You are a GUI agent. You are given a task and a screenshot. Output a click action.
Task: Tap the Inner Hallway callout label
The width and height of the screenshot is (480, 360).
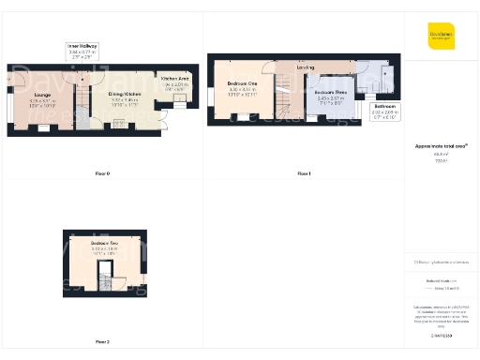(x=82, y=51)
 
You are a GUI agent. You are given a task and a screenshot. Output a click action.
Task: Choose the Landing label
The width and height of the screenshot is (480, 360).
(x=305, y=67)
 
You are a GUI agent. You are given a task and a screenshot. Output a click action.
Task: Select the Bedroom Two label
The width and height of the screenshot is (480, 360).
(x=105, y=247)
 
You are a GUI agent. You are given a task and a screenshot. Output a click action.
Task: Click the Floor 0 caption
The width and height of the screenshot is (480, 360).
(x=102, y=174)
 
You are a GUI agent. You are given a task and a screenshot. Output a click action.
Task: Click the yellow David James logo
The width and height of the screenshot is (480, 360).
(x=441, y=37)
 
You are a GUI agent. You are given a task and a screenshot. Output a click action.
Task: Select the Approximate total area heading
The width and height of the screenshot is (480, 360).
(x=441, y=147)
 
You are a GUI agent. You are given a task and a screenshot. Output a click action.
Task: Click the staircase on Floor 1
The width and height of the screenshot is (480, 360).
(x=284, y=98)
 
